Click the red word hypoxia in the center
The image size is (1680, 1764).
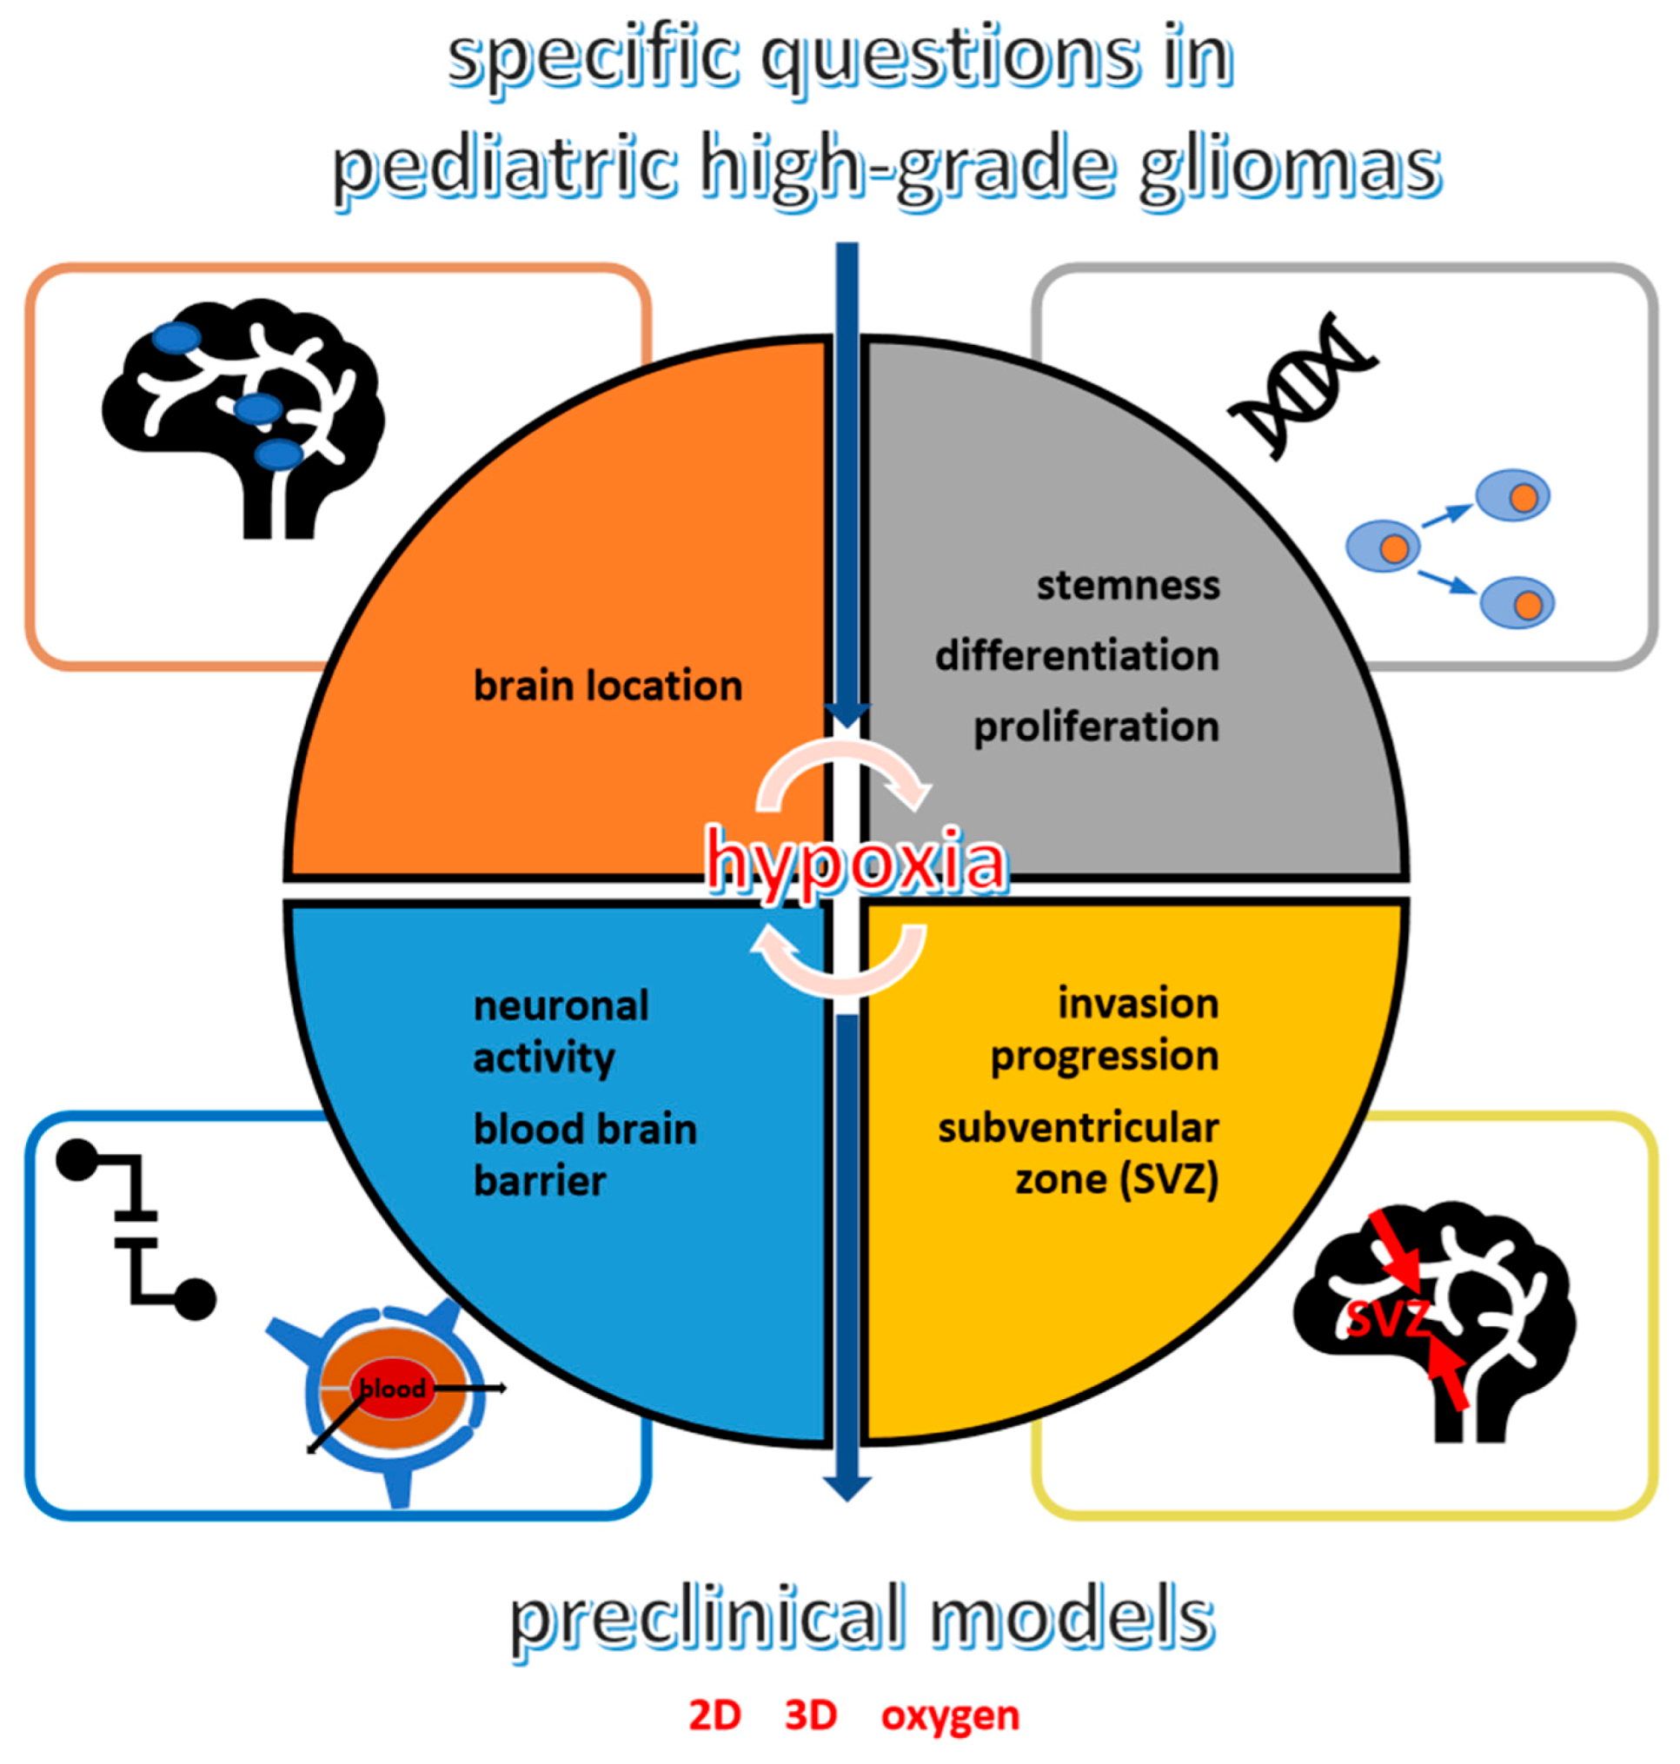(x=855, y=859)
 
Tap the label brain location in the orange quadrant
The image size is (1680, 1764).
(x=608, y=686)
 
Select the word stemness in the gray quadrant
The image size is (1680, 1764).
(x=1127, y=587)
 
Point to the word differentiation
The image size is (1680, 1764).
(x=1077, y=656)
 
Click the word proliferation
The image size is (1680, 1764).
(x=1095, y=726)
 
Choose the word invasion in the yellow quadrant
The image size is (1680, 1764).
(x=1138, y=1004)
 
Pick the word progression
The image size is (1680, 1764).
(x=1103, y=1057)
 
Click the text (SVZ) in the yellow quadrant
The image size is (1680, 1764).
(x=1168, y=1179)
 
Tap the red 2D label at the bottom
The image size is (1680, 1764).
(x=714, y=1715)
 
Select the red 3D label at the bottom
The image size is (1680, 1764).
(x=810, y=1715)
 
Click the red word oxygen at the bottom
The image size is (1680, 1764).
(x=949, y=1715)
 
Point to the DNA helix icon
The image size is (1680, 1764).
(x=1303, y=385)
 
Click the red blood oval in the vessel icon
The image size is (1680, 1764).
(x=392, y=1389)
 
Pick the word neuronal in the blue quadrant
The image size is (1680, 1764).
(x=561, y=1006)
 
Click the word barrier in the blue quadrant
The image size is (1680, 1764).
(x=539, y=1182)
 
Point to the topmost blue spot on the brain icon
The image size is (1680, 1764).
(x=176, y=337)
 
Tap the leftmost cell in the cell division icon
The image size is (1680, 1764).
(x=1383, y=547)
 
